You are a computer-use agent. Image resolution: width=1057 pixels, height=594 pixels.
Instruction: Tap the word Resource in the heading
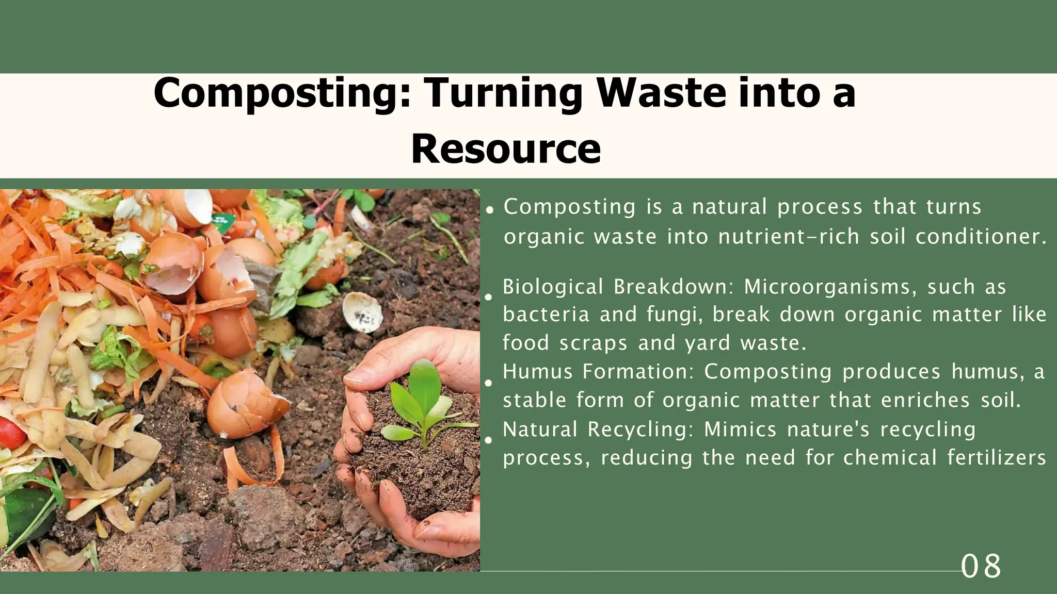tap(505, 148)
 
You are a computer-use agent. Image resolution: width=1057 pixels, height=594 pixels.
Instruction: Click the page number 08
tap(981, 566)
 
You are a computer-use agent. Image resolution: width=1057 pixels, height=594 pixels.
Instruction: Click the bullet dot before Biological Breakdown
tap(488, 297)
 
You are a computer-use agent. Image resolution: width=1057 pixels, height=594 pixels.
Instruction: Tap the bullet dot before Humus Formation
tap(488, 383)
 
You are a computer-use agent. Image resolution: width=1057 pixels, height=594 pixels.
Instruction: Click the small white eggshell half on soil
tap(362, 311)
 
